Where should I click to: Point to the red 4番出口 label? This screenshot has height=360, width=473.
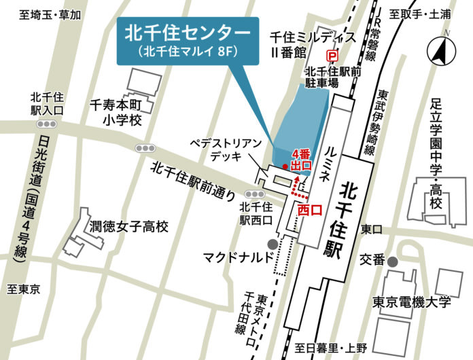(x=300, y=159)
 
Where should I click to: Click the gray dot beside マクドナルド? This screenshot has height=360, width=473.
(x=273, y=244)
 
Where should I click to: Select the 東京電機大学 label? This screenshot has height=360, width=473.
(x=411, y=302)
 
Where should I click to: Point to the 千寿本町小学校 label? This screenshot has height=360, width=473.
(x=116, y=113)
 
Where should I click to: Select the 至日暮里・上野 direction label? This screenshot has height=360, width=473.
(x=331, y=348)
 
